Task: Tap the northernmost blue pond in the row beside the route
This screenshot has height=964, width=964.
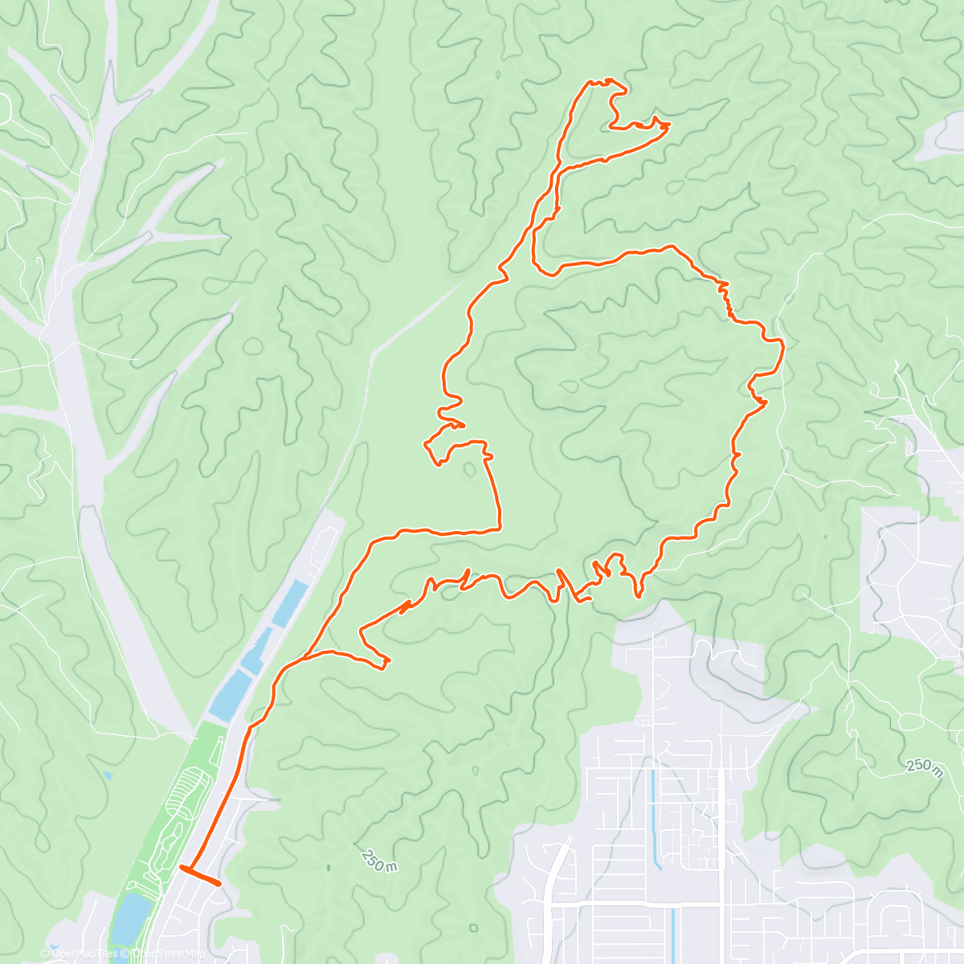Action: [290, 602]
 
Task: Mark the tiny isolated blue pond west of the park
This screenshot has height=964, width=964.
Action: [107, 776]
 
